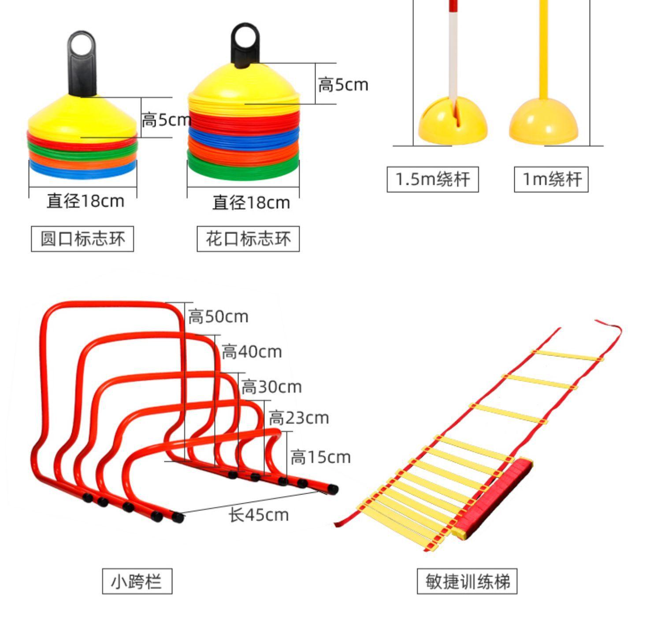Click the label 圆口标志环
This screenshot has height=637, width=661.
[82, 239]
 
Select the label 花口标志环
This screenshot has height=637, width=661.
[248, 239]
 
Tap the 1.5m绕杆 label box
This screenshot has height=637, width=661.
[432, 180]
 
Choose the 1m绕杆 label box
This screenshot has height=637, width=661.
[551, 180]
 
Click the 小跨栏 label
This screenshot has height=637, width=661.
[137, 581]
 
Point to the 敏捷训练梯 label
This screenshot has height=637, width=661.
[467, 581]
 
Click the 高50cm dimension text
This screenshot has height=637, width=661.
[218, 317]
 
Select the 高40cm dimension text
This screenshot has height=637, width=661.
[251, 352]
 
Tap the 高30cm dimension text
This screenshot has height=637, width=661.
[271, 387]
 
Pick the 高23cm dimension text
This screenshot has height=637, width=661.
[299, 418]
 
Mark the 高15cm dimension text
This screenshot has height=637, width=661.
[320, 457]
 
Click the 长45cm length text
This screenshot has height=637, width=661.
[259, 515]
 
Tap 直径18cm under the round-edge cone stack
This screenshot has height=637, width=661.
[85, 201]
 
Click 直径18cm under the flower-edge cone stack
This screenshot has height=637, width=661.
[251, 203]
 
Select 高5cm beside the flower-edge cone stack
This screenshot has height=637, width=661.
[343, 85]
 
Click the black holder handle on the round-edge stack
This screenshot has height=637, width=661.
[82, 62]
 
